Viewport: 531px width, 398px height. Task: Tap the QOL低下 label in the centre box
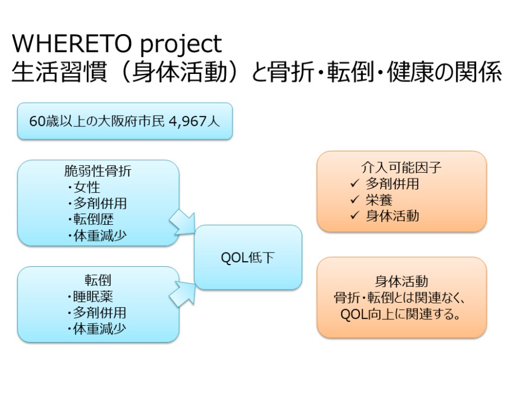coord(248,258)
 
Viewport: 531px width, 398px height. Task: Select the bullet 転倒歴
coord(93,220)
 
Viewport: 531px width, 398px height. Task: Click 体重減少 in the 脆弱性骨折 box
coord(99,236)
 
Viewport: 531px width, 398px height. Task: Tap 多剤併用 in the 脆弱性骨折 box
coord(99,203)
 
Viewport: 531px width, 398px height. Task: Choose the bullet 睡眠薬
coord(93,296)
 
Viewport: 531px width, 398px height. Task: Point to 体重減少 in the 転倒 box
coord(99,329)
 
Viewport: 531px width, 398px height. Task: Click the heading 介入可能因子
coord(401,168)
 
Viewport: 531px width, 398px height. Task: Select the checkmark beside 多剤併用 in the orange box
coord(355,184)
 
